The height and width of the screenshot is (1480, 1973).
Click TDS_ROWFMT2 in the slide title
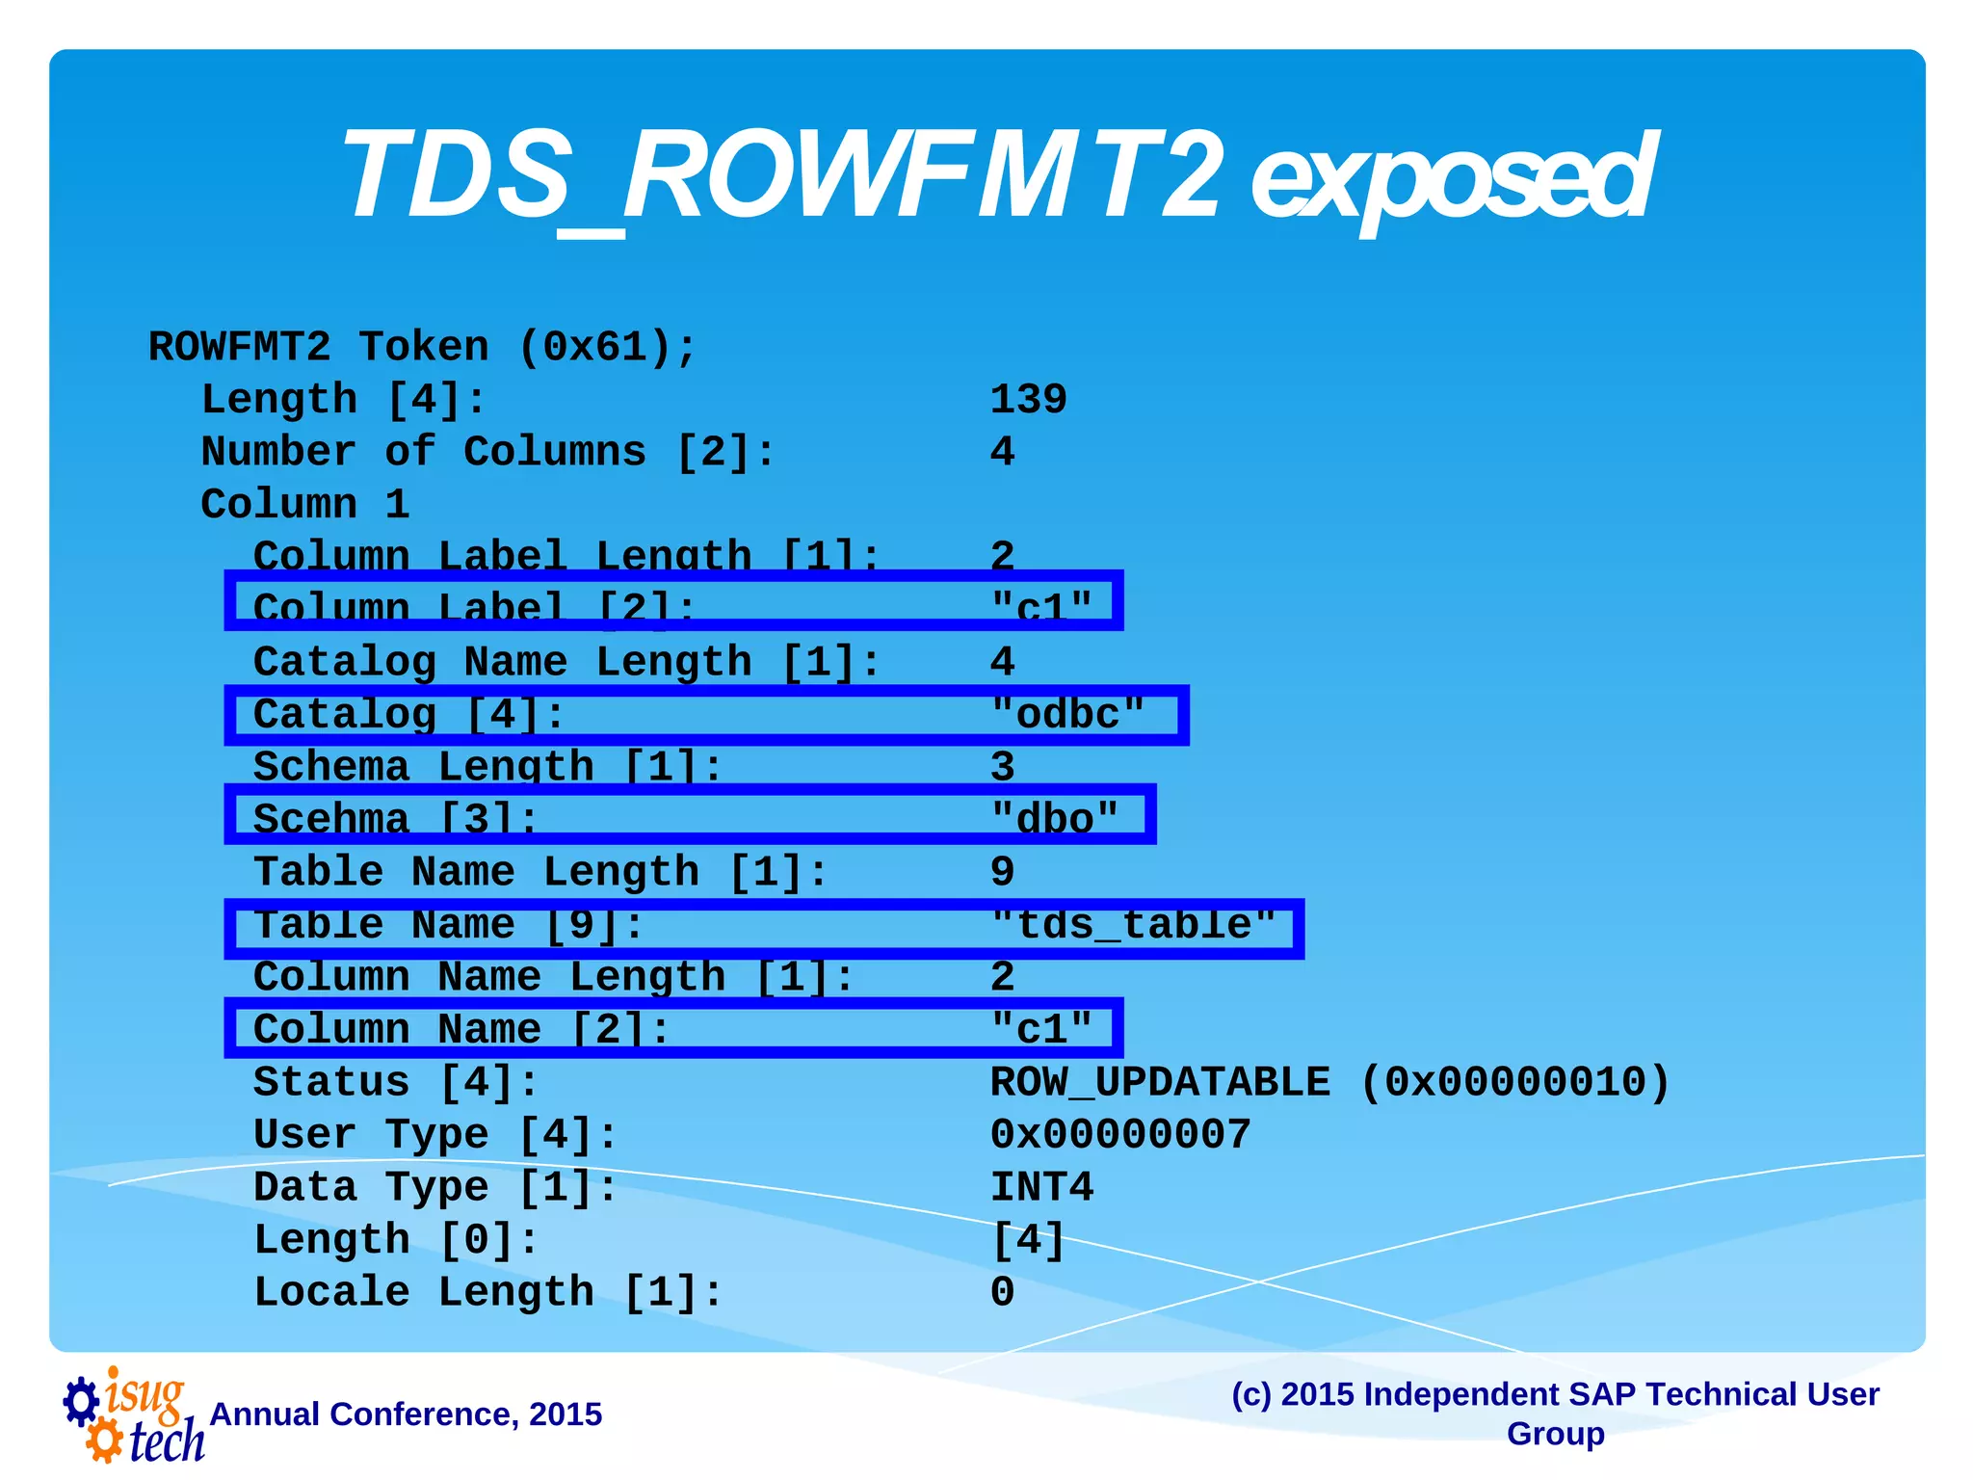tap(780, 178)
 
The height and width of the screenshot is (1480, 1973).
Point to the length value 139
tap(1028, 400)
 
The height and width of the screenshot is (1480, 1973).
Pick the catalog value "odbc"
tap(1067, 715)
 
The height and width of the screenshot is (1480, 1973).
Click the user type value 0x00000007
tap(1119, 1135)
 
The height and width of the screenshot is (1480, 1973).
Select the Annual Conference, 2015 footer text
tap(406, 1414)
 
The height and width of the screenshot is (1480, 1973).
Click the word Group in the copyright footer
tap(1555, 1434)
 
